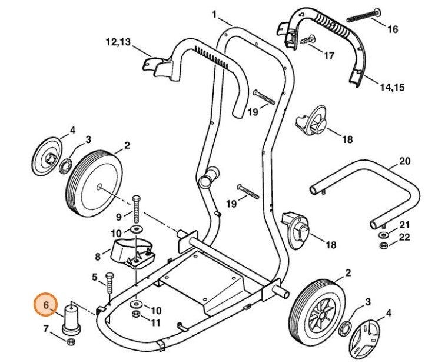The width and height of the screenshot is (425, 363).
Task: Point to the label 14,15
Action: [391, 88]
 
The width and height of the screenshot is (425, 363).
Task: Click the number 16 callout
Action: [392, 29]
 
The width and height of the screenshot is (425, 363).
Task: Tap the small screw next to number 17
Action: [307, 40]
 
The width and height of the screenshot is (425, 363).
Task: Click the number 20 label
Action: [404, 161]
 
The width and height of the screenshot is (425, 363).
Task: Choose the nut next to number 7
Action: [71, 342]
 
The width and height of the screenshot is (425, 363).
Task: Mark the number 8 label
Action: [98, 257]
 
